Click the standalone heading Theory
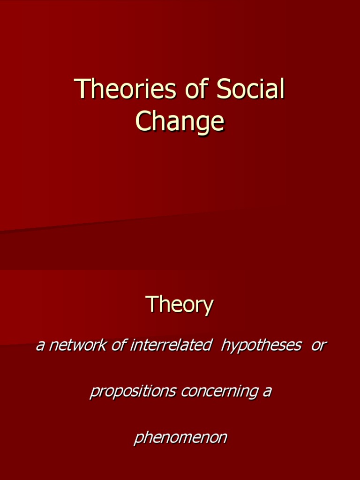tap(180, 305)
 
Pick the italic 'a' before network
tap(40, 346)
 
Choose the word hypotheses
tap(261, 346)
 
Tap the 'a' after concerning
tap(267, 391)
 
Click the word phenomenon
tap(180, 438)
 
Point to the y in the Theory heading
tap(208, 307)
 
